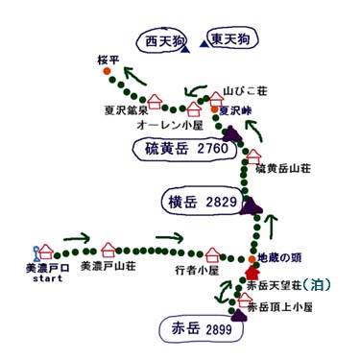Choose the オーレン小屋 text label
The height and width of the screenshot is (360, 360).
pos(169,124)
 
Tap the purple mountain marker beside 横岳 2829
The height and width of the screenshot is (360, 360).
pos(252,204)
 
